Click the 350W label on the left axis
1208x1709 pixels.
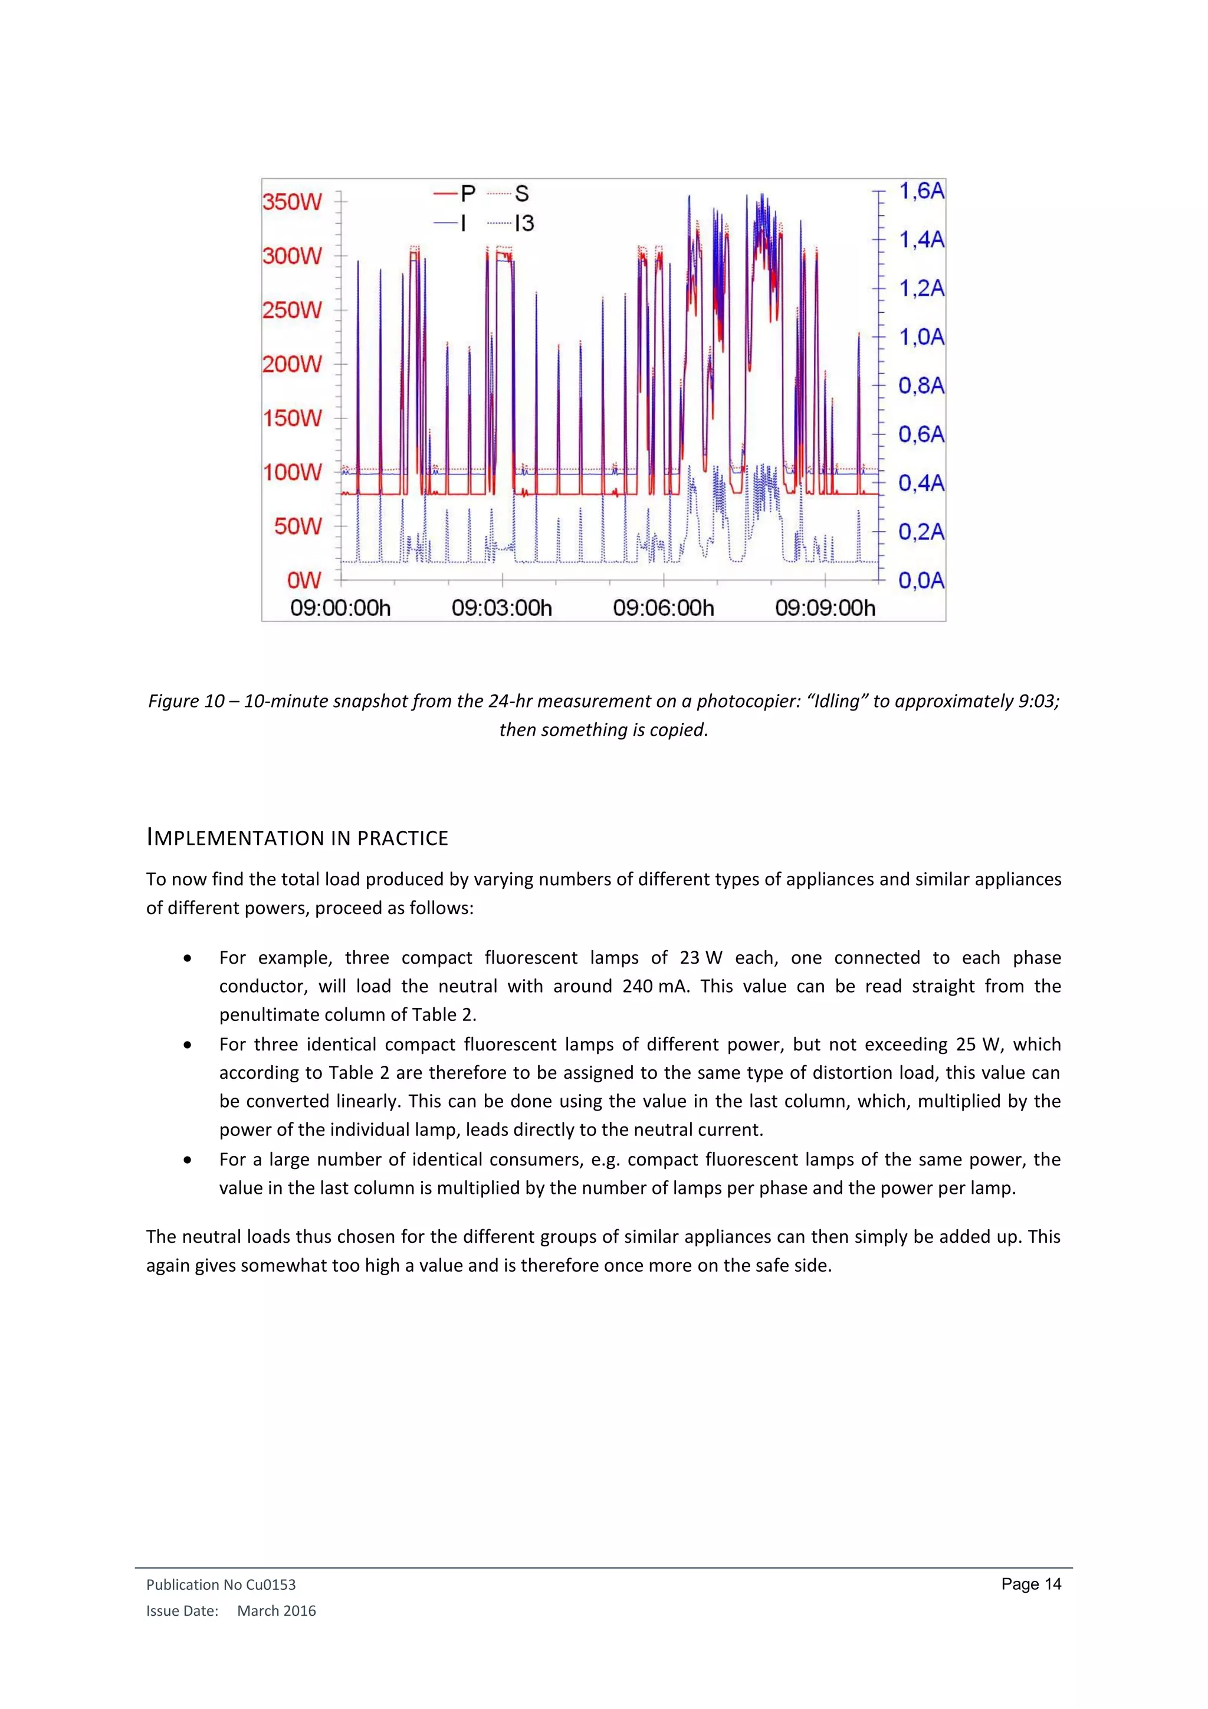[x=291, y=202]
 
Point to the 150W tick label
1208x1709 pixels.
[x=291, y=418]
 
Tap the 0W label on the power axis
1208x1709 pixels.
[x=304, y=580]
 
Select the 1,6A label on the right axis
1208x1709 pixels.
[x=921, y=191]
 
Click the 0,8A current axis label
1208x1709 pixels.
[x=921, y=385]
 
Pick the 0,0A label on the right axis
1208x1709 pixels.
[x=921, y=580]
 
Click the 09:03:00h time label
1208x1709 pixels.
[x=501, y=608]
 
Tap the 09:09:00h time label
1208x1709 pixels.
[x=825, y=608]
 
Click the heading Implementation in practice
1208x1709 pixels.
[x=297, y=838]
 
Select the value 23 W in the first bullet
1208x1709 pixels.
[x=701, y=958]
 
